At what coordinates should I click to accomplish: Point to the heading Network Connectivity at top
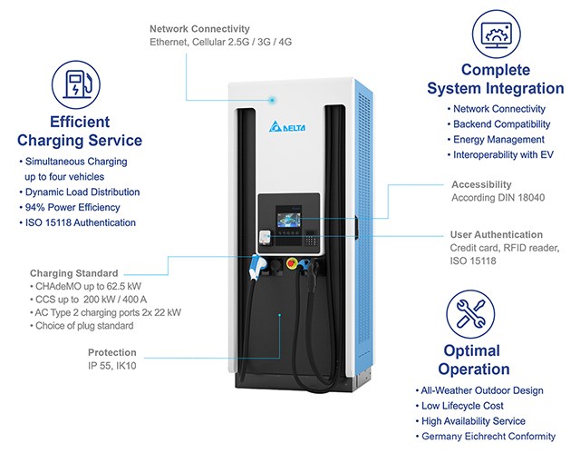pos(200,28)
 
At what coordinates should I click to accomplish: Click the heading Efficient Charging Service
pos(80,131)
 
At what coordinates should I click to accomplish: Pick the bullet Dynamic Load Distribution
pos(82,192)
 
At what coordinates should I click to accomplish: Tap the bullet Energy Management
pos(498,140)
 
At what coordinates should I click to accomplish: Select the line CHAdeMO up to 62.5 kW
pos(82,286)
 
